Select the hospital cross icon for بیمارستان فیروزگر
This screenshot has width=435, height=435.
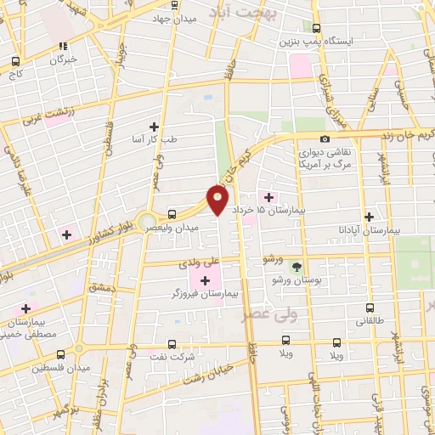[x=206, y=280]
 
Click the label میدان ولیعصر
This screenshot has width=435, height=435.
[x=181, y=228]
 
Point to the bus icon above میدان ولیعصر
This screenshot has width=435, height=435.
[x=172, y=214]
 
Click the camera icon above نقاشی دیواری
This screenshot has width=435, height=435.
[x=325, y=138]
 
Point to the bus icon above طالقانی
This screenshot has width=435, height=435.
[x=368, y=308]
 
